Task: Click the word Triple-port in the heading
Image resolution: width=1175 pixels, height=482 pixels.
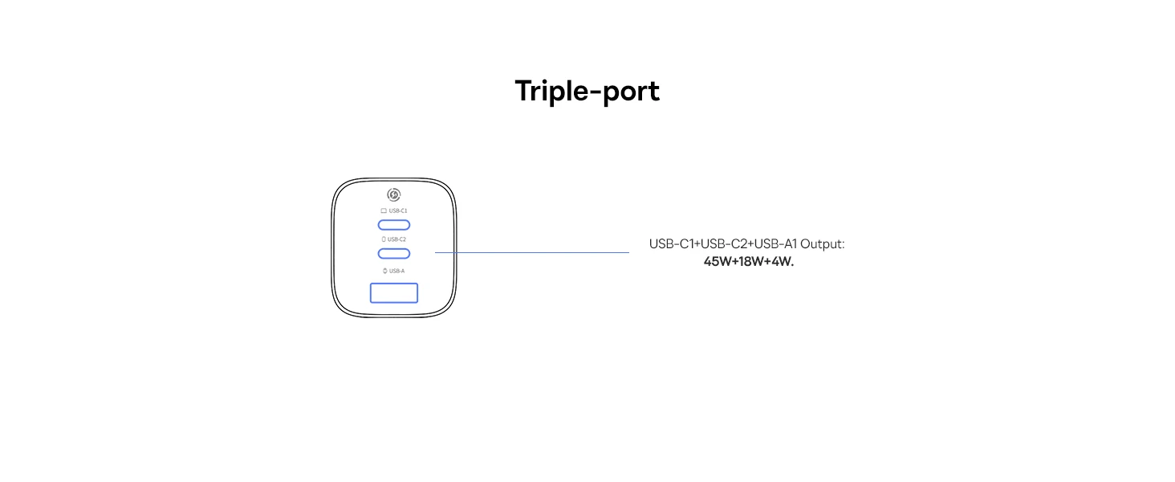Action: tap(587, 92)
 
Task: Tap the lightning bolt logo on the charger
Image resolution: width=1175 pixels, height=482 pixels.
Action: tap(394, 194)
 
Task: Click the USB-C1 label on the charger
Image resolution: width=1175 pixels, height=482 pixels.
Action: tap(398, 210)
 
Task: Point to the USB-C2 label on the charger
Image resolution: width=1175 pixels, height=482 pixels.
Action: tap(396, 239)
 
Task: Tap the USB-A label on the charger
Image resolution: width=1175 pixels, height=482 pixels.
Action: tap(397, 271)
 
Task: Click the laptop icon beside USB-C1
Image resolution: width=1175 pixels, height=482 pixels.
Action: tap(384, 210)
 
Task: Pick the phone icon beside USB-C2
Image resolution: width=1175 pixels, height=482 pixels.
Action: tap(384, 239)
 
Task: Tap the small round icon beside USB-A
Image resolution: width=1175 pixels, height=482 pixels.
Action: tap(385, 271)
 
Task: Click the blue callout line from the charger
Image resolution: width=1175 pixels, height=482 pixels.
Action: tap(532, 252)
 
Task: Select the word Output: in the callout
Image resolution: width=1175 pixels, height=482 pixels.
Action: tap(822, 244)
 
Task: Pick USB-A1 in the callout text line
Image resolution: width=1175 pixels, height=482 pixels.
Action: tap(776, 244)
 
